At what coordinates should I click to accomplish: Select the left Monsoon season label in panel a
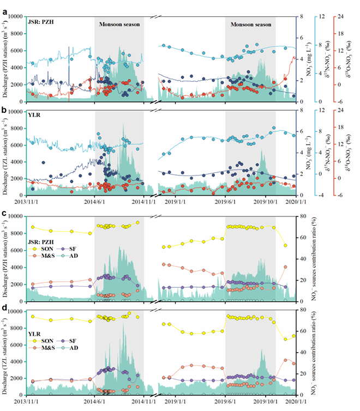[x=119, y=25]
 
